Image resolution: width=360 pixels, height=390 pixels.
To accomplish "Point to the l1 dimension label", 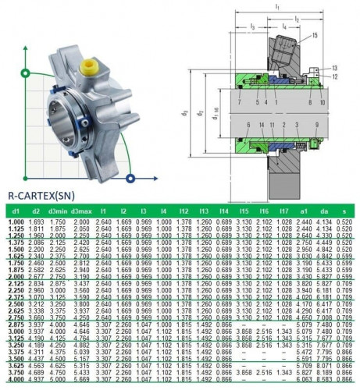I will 277,6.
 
